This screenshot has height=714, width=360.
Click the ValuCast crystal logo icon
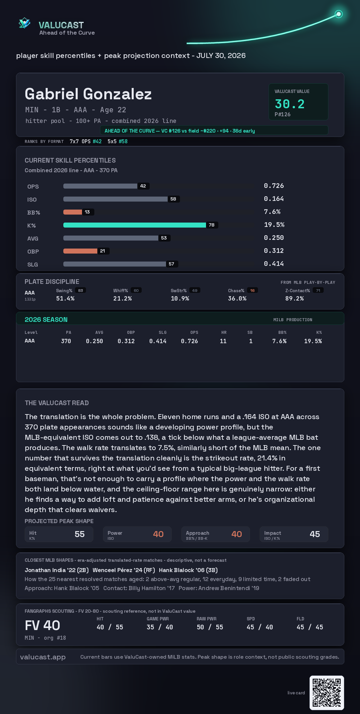coord(24,23)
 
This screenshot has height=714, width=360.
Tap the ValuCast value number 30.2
coord(290,104)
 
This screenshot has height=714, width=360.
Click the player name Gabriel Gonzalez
coord(88,94)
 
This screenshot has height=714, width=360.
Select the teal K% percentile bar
coord(135,225)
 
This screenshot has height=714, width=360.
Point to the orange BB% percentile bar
coord(73,212)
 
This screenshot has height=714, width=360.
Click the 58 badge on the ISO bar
coord(173,199)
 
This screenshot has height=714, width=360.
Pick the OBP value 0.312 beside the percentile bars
coord(274,251)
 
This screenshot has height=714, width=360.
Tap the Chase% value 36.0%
coord(237,299)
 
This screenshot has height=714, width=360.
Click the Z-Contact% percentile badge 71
coord(318,291)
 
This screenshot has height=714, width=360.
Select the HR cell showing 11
coord(223,341)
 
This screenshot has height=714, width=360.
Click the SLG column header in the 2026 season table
coord(163,333)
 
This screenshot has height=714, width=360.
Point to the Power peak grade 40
coord(158,534)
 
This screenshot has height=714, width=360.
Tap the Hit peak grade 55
coord(80,534)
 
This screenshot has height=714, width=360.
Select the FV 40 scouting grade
coord(43,625)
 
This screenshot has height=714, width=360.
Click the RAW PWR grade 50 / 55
coord(210,627)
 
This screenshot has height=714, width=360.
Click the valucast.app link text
coord(43,657)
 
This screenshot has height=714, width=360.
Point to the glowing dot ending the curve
coord(339,14)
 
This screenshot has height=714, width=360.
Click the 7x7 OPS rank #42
coord(97,141)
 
